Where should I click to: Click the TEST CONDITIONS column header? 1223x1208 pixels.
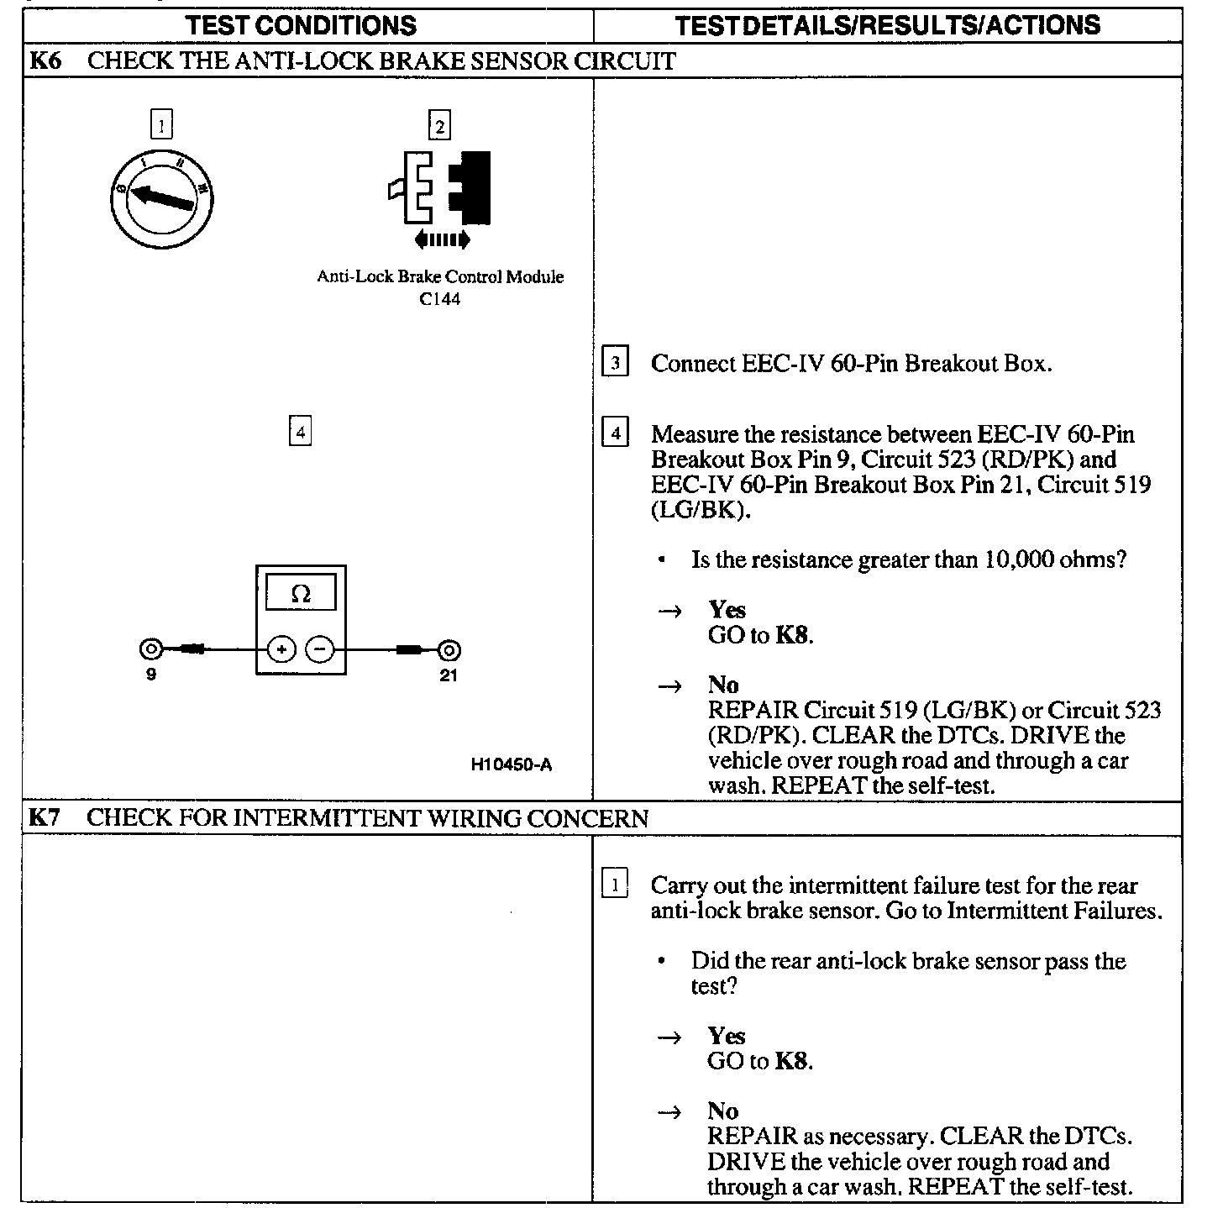click(x=302, y=25)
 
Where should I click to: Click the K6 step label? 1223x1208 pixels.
click(x=45, y=61)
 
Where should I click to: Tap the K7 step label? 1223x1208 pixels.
click(x=45, y=818)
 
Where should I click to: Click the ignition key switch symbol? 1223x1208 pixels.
click(x=161, y=197)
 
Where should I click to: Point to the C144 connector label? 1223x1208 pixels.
click(x=440, y=299)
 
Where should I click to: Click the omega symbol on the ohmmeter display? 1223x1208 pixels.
click(x=300, y=594)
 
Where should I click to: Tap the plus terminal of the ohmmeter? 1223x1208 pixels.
click(x=281, y=649)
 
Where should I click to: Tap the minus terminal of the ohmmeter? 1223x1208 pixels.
click(x=319, y=649)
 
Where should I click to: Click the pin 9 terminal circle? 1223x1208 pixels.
click(x=151, y=649)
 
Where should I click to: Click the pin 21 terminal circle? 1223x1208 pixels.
click(x=449, y=649)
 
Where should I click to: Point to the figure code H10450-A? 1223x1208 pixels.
click(x=512, y=765)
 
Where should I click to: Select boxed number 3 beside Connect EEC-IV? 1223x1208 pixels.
click(x=616, y=363)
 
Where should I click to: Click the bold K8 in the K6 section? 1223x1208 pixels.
click(x=792, y=635)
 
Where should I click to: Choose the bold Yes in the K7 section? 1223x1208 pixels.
click(x=727, y=1036)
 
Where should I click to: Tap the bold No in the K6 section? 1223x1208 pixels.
click(x=723, y=685)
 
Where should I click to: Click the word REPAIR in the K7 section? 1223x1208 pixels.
click(x=753, y=1137)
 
